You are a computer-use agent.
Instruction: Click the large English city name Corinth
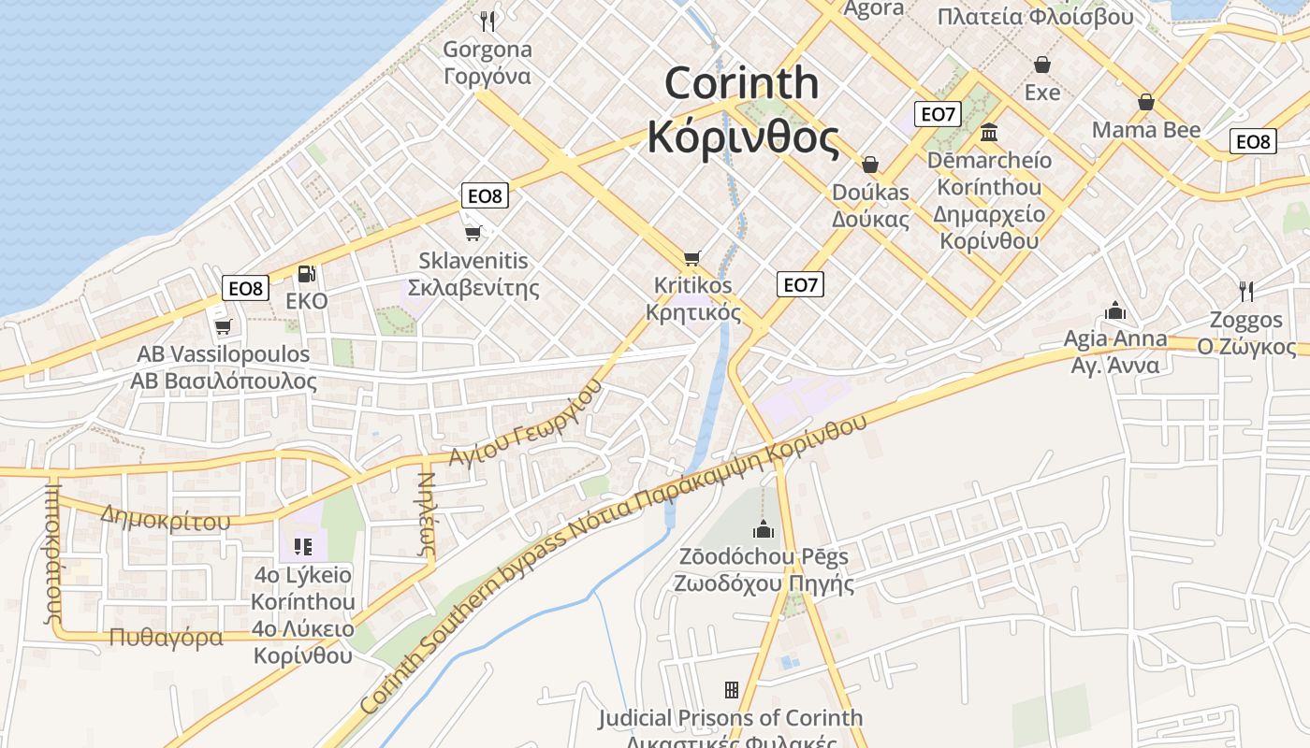coord(741,84)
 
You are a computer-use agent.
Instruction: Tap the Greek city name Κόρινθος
coord(743,137)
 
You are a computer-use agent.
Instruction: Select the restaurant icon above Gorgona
coord(487,21)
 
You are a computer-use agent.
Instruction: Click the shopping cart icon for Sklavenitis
coord(473,233)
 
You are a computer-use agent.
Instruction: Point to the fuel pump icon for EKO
coord(306,274)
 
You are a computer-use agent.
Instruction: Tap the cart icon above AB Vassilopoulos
coord(223,326)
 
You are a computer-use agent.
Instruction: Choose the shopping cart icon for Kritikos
coord(692,258)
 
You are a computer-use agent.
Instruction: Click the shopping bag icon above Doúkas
coord(870,165)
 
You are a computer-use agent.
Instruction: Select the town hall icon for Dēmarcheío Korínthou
coord(989,133)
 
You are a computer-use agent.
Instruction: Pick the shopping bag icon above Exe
coord(1041,65)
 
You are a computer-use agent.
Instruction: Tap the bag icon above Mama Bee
coord(1145,102)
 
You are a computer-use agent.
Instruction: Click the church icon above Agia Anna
coord(1114,310)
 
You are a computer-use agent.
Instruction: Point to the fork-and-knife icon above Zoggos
coord(1245,291)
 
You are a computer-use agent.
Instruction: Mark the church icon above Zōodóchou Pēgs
coord(764,529)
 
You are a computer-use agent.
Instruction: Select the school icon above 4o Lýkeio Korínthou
coord(302,546)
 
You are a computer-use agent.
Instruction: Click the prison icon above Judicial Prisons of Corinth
coord(731,690)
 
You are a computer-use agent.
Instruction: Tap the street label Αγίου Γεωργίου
coord(524,426)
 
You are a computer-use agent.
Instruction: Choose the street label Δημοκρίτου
coord(165,519)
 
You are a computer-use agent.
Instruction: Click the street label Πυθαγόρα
coord(166,638)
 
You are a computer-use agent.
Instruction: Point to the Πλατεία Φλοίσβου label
coord(1034,17)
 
